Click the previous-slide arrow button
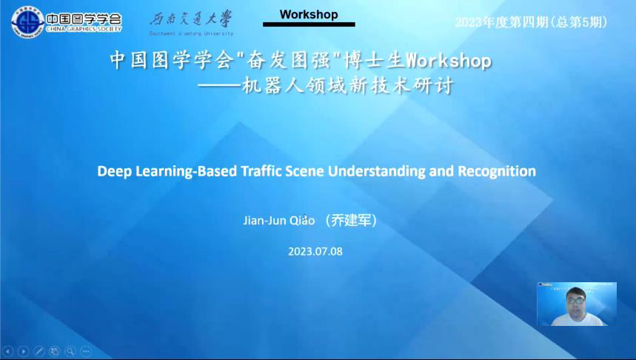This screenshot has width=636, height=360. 7,351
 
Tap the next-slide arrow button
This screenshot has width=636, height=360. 24,351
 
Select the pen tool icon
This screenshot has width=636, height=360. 39,351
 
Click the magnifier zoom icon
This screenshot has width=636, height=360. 70,351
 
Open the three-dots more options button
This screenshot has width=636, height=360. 86,351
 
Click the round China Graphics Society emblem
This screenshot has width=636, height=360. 28,22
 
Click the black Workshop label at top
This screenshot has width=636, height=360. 309,15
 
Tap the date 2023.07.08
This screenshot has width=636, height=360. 315,251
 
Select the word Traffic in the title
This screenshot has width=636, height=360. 261,171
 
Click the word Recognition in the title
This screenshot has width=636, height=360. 497,171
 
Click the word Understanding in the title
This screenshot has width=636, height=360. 376,171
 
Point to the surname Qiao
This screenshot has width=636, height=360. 302,221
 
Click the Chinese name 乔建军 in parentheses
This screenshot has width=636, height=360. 351,221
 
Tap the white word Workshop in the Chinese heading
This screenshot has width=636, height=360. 449,61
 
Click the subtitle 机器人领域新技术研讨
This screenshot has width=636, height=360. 347,86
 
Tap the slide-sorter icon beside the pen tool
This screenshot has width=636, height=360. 54,351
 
